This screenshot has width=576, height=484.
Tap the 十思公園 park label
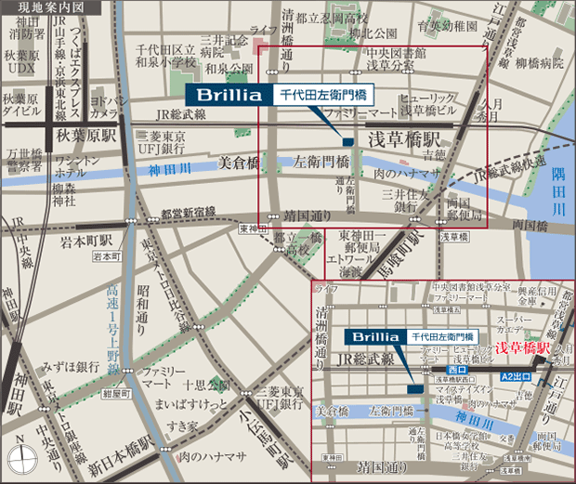pos(205,384)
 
